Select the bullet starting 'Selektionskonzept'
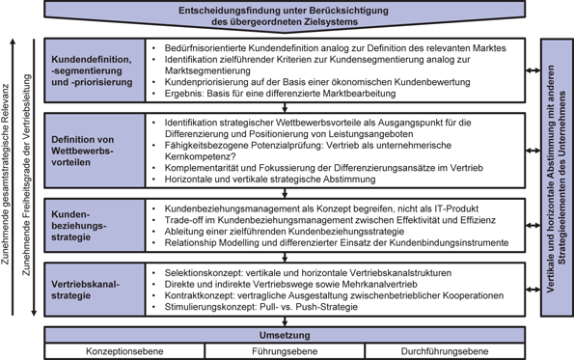click(309, 272)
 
